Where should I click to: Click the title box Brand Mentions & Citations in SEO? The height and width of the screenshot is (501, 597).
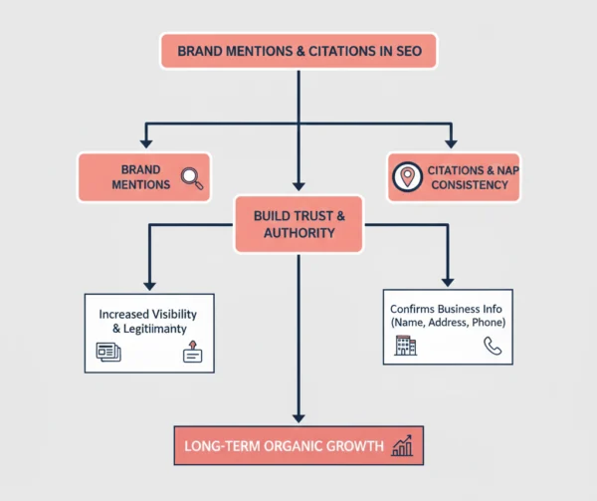coord(298,51)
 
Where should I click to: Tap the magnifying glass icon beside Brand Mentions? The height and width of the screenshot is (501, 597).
coord(191,178)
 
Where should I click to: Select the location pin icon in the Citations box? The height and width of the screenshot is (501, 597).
coord(406,177)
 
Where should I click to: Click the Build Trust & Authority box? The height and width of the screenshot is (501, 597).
coord(298,223)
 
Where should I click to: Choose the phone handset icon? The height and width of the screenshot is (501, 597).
coord(492,346)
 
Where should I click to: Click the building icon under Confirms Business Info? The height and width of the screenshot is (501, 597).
coord(406,346)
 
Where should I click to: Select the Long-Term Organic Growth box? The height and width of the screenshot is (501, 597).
coord(299,445)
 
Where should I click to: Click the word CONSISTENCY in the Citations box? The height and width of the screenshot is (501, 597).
coord(472,185)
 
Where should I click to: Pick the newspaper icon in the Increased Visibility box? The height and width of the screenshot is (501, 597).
coord(107,351)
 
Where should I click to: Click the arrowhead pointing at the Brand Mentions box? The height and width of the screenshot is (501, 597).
coord(147,143)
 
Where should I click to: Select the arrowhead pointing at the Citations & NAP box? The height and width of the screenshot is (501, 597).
coord(450,143)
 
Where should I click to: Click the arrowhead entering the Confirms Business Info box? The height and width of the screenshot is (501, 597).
coord(448,282)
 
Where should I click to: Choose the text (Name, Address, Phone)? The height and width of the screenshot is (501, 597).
coord(449,323)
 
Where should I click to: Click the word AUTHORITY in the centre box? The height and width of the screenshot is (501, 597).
coord(298,233)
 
